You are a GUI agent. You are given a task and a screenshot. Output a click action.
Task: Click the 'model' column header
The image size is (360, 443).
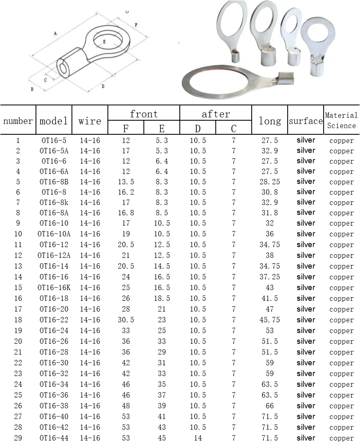tap(54, 121)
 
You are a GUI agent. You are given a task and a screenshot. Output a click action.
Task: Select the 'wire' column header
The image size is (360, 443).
tap(90, 121)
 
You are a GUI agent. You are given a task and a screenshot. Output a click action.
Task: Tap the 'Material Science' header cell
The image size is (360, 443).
tap(341, 120)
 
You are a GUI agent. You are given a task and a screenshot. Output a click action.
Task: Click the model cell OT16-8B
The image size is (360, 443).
tap(54, 182)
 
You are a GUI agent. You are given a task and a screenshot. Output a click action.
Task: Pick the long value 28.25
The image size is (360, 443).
tap(269, 182)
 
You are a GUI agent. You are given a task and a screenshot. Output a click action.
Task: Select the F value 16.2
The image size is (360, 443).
tap(126, 192)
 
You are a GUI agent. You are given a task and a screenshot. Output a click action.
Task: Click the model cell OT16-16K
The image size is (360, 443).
tap(54, 288)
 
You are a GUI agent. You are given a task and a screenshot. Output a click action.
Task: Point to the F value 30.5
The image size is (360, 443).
tap(126, 320)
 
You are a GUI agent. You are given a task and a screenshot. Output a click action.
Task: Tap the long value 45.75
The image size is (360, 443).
tap(269, 320)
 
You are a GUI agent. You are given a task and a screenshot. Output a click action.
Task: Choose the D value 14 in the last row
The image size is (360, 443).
tap(198, 438)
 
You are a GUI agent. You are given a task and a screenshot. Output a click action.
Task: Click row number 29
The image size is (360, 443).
tap(18, 438)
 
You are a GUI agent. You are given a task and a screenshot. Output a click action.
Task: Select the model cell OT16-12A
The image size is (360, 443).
tap(54, 255)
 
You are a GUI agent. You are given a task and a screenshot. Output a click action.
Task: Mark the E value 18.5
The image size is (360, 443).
tap(162, 298)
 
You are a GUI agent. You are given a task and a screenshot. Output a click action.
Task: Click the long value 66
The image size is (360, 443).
tap(269, 406)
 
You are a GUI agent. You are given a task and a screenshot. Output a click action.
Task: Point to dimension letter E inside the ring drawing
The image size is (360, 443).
tap(104, 42)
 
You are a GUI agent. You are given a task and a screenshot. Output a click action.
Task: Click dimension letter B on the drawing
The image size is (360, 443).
tap(32, 89)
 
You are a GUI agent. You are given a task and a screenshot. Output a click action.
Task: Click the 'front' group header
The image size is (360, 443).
tap(144, 114)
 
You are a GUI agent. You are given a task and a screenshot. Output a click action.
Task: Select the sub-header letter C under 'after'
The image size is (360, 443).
tap(234, 129)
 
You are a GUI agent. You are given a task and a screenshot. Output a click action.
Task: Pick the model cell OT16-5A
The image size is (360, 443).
tap(54, 151)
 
